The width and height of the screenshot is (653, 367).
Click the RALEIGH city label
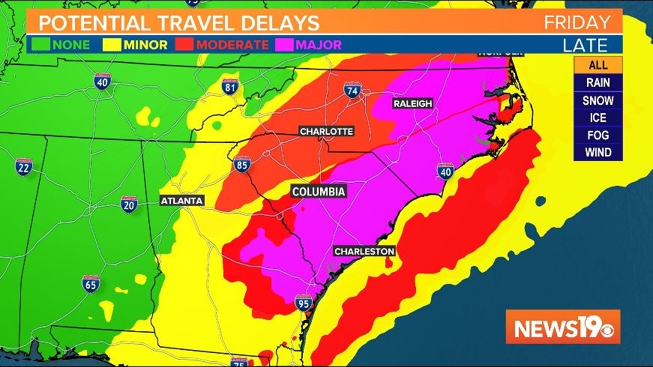pyautogui.click(x=412, y=104)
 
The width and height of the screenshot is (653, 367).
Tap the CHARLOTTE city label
pyautogui.click(x=326, y=131)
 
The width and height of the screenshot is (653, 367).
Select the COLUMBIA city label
pyautogui.click(x=319, y=192)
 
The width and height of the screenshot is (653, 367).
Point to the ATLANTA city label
pyautogui.click(x=182, y=200)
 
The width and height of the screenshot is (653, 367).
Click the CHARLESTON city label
pyautogui.click(x=364, y=251)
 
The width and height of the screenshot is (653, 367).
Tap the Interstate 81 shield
pyautogui.click(x=230, y=86)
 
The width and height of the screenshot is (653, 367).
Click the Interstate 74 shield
pyautogui.click(x=352, y=90)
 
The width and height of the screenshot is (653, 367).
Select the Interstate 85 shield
pyautogui.click(x=242, y=164)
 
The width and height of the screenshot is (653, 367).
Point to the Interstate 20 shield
pyautogui.click(x=129, y=204)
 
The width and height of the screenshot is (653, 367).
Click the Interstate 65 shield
pyautogui.click(x=91, y=283)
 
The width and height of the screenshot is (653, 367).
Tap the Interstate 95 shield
pyautogui.click(x=304, y=302)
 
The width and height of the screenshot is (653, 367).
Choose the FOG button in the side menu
pyautogui.click(x=597, y=135)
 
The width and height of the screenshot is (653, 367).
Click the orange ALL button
pyautogui.click(x=597, y=65)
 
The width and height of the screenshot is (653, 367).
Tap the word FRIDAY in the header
pyautogui.click(x=577, y=22)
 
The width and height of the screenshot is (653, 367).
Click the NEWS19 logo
pyautogui.click(x=562, y=327)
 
